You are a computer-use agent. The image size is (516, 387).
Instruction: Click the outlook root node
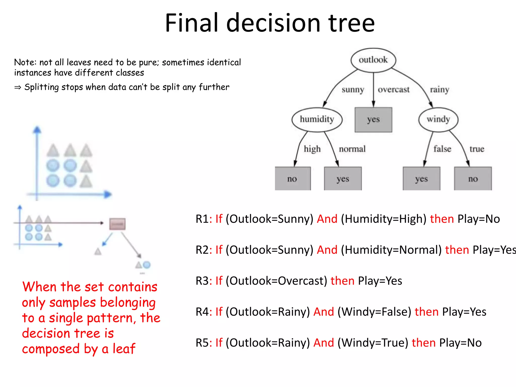pos(373,60)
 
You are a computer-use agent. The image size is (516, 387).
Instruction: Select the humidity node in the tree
pos(317,119)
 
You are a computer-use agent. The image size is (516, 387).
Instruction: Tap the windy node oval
pos(438,119)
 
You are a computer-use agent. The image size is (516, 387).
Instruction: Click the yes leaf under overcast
pos(373,120)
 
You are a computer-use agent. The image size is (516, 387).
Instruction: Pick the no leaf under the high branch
pos(293,179)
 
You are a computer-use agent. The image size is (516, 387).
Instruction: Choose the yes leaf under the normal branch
pos(343,179)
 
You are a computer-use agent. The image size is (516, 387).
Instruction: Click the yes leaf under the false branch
pos(421,179)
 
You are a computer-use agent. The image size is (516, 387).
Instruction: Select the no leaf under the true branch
pos(473,179)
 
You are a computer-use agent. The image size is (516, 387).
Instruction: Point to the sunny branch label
pos(353,90)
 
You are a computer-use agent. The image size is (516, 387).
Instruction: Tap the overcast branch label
pos(394,90)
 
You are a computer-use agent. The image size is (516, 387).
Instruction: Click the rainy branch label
pos(439,90)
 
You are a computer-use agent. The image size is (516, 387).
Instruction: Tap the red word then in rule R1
pos(442,219)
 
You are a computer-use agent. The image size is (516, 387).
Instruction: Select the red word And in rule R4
pos(324,312)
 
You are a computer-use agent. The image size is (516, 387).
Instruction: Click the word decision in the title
pos(273,23)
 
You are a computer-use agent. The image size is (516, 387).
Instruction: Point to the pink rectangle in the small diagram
pos(117,224)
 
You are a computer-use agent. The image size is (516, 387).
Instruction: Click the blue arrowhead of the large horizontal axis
pos(108,194)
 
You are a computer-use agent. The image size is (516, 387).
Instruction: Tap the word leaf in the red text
pos(124,349)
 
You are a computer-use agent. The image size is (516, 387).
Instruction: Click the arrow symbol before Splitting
pos(18,87)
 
